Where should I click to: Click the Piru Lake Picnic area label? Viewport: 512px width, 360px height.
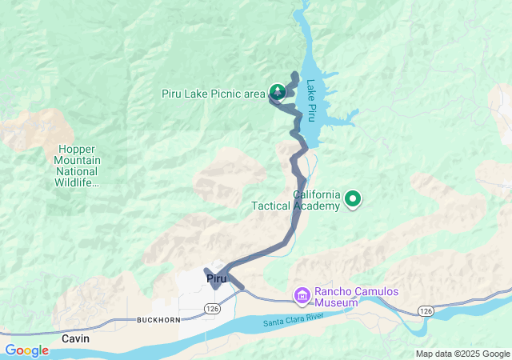click(x=213, y=94)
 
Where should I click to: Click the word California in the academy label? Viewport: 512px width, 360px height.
click(x=318, y=194)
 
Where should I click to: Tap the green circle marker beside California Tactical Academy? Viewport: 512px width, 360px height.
click(x=352, y=200)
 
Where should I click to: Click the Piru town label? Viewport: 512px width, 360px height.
click(x=218, y=278)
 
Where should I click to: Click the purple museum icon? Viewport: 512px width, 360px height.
click(x=302, y=297)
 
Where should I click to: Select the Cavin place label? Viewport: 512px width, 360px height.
click(x=76, y=339)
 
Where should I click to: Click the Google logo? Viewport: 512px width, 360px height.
click(x=26, y=350)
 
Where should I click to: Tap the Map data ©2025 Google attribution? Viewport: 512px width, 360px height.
click(x=462, y=354)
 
